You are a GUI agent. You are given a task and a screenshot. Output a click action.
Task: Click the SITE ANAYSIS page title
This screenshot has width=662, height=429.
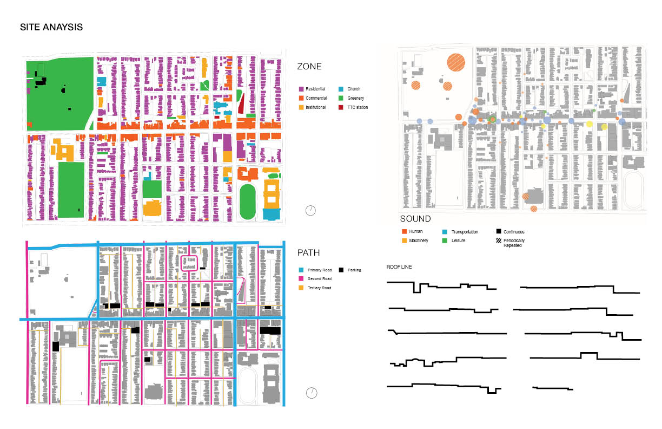click(51, 27)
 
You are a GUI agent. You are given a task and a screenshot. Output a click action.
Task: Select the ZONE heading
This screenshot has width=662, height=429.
click(309, 66)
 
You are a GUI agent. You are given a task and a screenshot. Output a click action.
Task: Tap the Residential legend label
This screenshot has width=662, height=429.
click(315, 89)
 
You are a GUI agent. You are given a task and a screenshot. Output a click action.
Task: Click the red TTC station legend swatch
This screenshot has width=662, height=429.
click(341, 107)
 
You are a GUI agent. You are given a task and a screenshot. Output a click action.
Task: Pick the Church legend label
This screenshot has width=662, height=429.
click(354, 89)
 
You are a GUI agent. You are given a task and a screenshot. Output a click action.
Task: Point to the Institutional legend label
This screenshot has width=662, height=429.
click(316, 107)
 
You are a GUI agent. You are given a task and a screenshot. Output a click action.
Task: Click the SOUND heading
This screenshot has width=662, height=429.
click(415, 219)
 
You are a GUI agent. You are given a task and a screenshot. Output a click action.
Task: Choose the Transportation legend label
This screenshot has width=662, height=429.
click(465, 232)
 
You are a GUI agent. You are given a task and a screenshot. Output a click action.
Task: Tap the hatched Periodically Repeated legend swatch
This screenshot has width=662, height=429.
click(499, 240)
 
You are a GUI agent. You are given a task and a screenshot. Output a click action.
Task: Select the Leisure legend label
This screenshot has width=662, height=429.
click(459, 240)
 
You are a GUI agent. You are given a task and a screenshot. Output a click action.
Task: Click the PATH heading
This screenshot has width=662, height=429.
click(308, 252)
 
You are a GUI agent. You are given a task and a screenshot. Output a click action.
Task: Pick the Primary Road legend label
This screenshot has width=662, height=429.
click(320, 270)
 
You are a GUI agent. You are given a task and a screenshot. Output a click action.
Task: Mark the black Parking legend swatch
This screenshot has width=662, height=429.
click(341, 270)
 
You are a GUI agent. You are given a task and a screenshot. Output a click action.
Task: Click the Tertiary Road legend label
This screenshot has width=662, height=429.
click(320, 288)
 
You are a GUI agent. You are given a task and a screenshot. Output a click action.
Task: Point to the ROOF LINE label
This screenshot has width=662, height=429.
click(399, 266)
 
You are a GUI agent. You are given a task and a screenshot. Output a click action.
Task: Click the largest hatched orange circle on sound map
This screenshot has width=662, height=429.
click(456, 62)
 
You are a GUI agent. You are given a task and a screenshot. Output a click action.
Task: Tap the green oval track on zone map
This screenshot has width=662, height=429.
click(247, 201)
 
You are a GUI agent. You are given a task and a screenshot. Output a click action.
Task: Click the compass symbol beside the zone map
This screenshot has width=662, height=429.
click(310, 211)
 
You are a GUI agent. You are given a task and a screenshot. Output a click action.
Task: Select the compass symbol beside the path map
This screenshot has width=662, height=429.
click(312, 393)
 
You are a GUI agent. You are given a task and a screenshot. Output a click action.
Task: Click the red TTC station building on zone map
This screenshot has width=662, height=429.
click(241, 103)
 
